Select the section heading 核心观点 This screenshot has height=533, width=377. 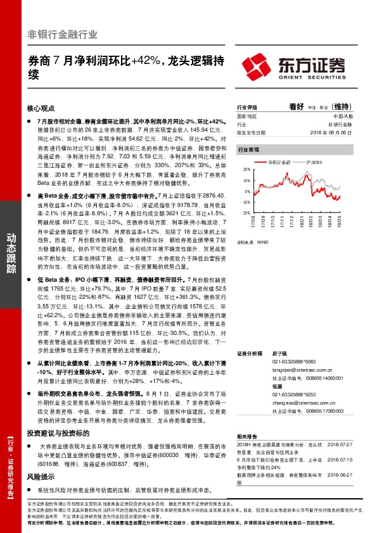pyautogui.click(x=41, y=109)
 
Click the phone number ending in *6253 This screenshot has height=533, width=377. pyautogui.click(x=283, y=393)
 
